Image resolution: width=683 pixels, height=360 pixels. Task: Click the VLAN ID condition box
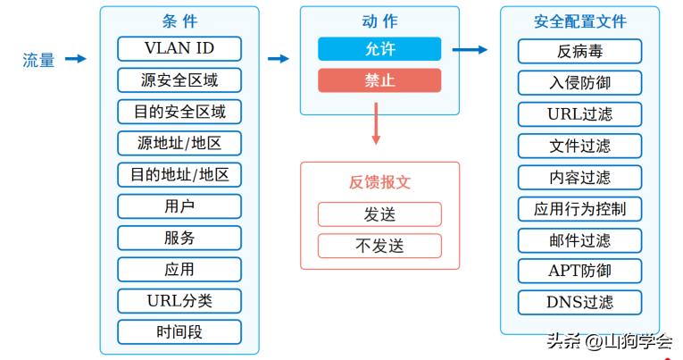[x=179, y=48]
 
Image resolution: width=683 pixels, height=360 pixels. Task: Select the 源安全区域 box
[x=179, y=80]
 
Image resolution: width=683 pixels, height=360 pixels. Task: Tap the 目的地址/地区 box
[x=179, y=174]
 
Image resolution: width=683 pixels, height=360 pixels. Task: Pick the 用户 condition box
[x=179, y=206]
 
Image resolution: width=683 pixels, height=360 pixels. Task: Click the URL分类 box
[x=179, y=300]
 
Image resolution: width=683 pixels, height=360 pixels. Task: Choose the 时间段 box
[x=179, y=332]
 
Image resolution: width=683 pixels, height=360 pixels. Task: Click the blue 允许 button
[x=379, y=48]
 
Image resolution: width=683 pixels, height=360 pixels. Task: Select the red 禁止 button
[x=379, y=80]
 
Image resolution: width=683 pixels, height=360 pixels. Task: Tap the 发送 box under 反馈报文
[x=379, y=214]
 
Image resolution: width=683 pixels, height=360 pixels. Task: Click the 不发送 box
[x=379, y=246]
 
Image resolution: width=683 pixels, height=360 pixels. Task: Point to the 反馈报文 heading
[x=379, y=182]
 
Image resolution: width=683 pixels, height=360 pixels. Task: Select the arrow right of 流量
[x=76, y=59]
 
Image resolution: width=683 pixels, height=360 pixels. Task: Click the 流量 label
[x=38, y=60]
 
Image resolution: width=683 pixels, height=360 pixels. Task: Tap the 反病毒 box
[x=579, y=51]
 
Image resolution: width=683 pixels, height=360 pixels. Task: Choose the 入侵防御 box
[x=579, y=83]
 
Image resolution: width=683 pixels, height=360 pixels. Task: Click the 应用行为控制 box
[x=579, y=209]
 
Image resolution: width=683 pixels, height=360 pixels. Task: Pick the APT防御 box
[x=579, y=270]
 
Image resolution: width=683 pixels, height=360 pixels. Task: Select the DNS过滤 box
[x=579, y=302]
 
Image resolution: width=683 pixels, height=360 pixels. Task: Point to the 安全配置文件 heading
[x=579, y=21]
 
